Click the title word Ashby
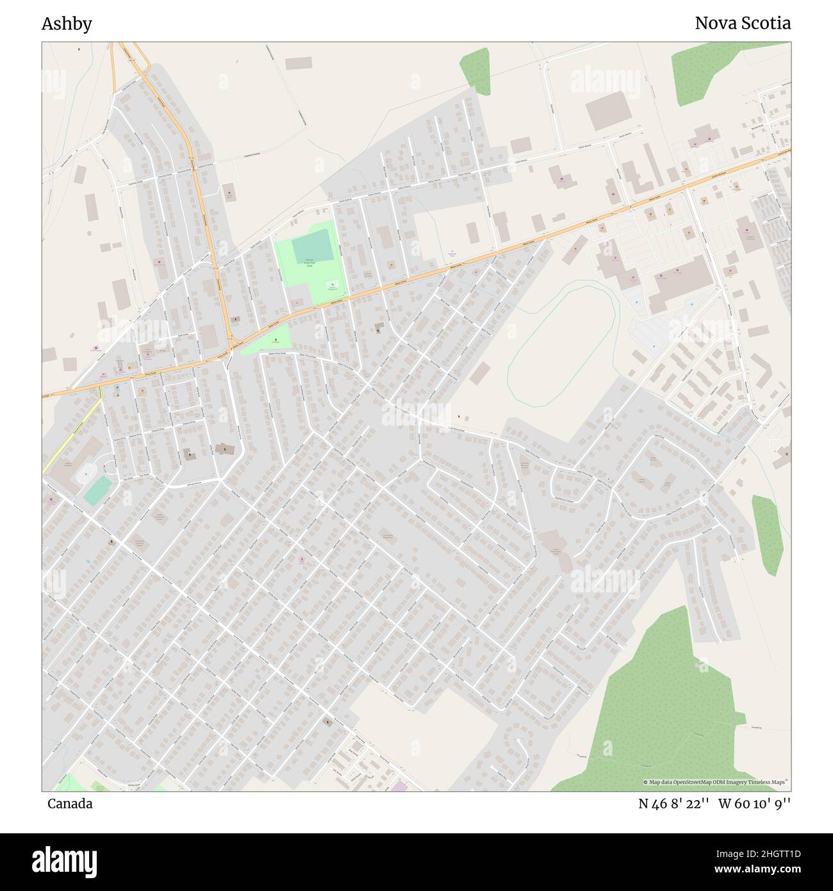point(67,24)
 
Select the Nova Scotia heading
point(743,24)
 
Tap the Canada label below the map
point(69,804)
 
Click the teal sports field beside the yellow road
point(96,491)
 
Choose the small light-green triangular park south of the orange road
point(267,339)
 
